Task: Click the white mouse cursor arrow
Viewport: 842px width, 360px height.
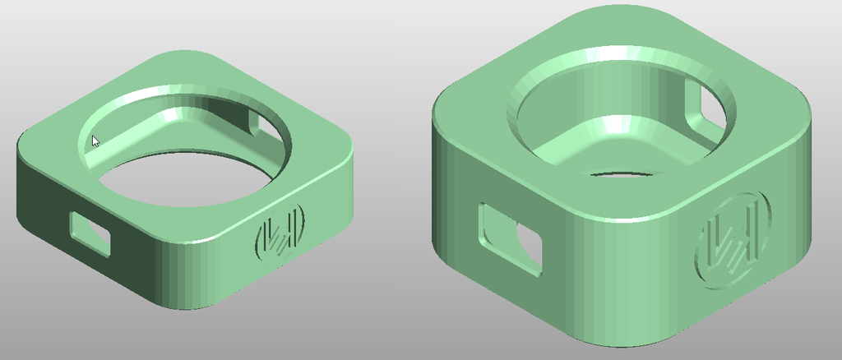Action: tap(95, 141)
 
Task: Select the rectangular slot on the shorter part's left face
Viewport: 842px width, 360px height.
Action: tap(90, 233)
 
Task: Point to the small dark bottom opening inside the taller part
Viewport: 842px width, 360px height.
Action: tap(621, 175)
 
